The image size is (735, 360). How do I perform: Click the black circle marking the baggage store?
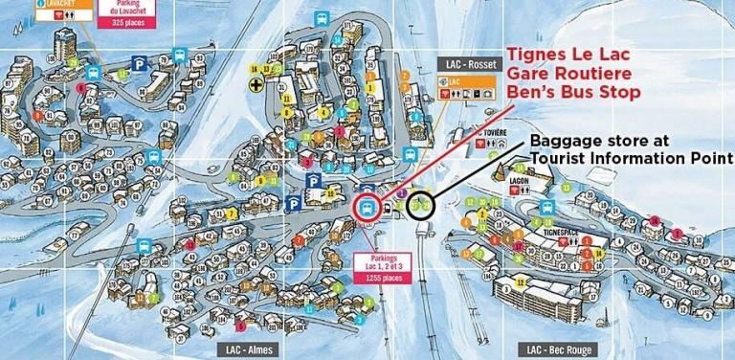(x=420, y=204)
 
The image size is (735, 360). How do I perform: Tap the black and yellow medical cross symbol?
(x=254, y=85)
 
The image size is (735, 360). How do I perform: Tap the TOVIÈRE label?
(x=496, y=132)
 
